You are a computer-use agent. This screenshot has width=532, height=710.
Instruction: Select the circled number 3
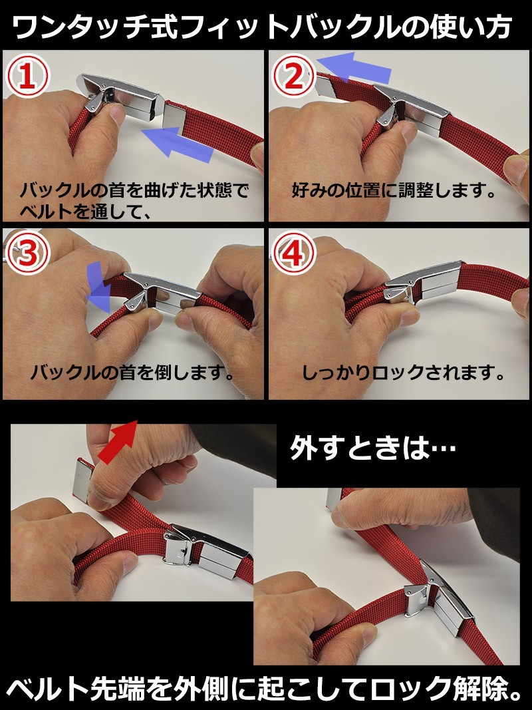coord(27,254)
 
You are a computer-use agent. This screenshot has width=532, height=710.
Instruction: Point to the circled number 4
coord(293,254)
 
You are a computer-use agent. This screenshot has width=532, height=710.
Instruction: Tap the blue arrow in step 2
coord(353,67)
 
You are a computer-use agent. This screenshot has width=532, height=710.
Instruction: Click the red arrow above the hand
coord(118,441)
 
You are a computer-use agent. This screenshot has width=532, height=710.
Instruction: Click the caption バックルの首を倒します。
coord(133,373)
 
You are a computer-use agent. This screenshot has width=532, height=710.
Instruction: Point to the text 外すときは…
coord(373,448)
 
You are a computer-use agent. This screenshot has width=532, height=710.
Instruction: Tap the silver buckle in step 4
coord(423,283)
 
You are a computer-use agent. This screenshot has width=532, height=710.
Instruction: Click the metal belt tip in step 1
coord(174,116)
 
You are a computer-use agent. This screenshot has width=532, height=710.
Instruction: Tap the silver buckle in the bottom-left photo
coord(206,550)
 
